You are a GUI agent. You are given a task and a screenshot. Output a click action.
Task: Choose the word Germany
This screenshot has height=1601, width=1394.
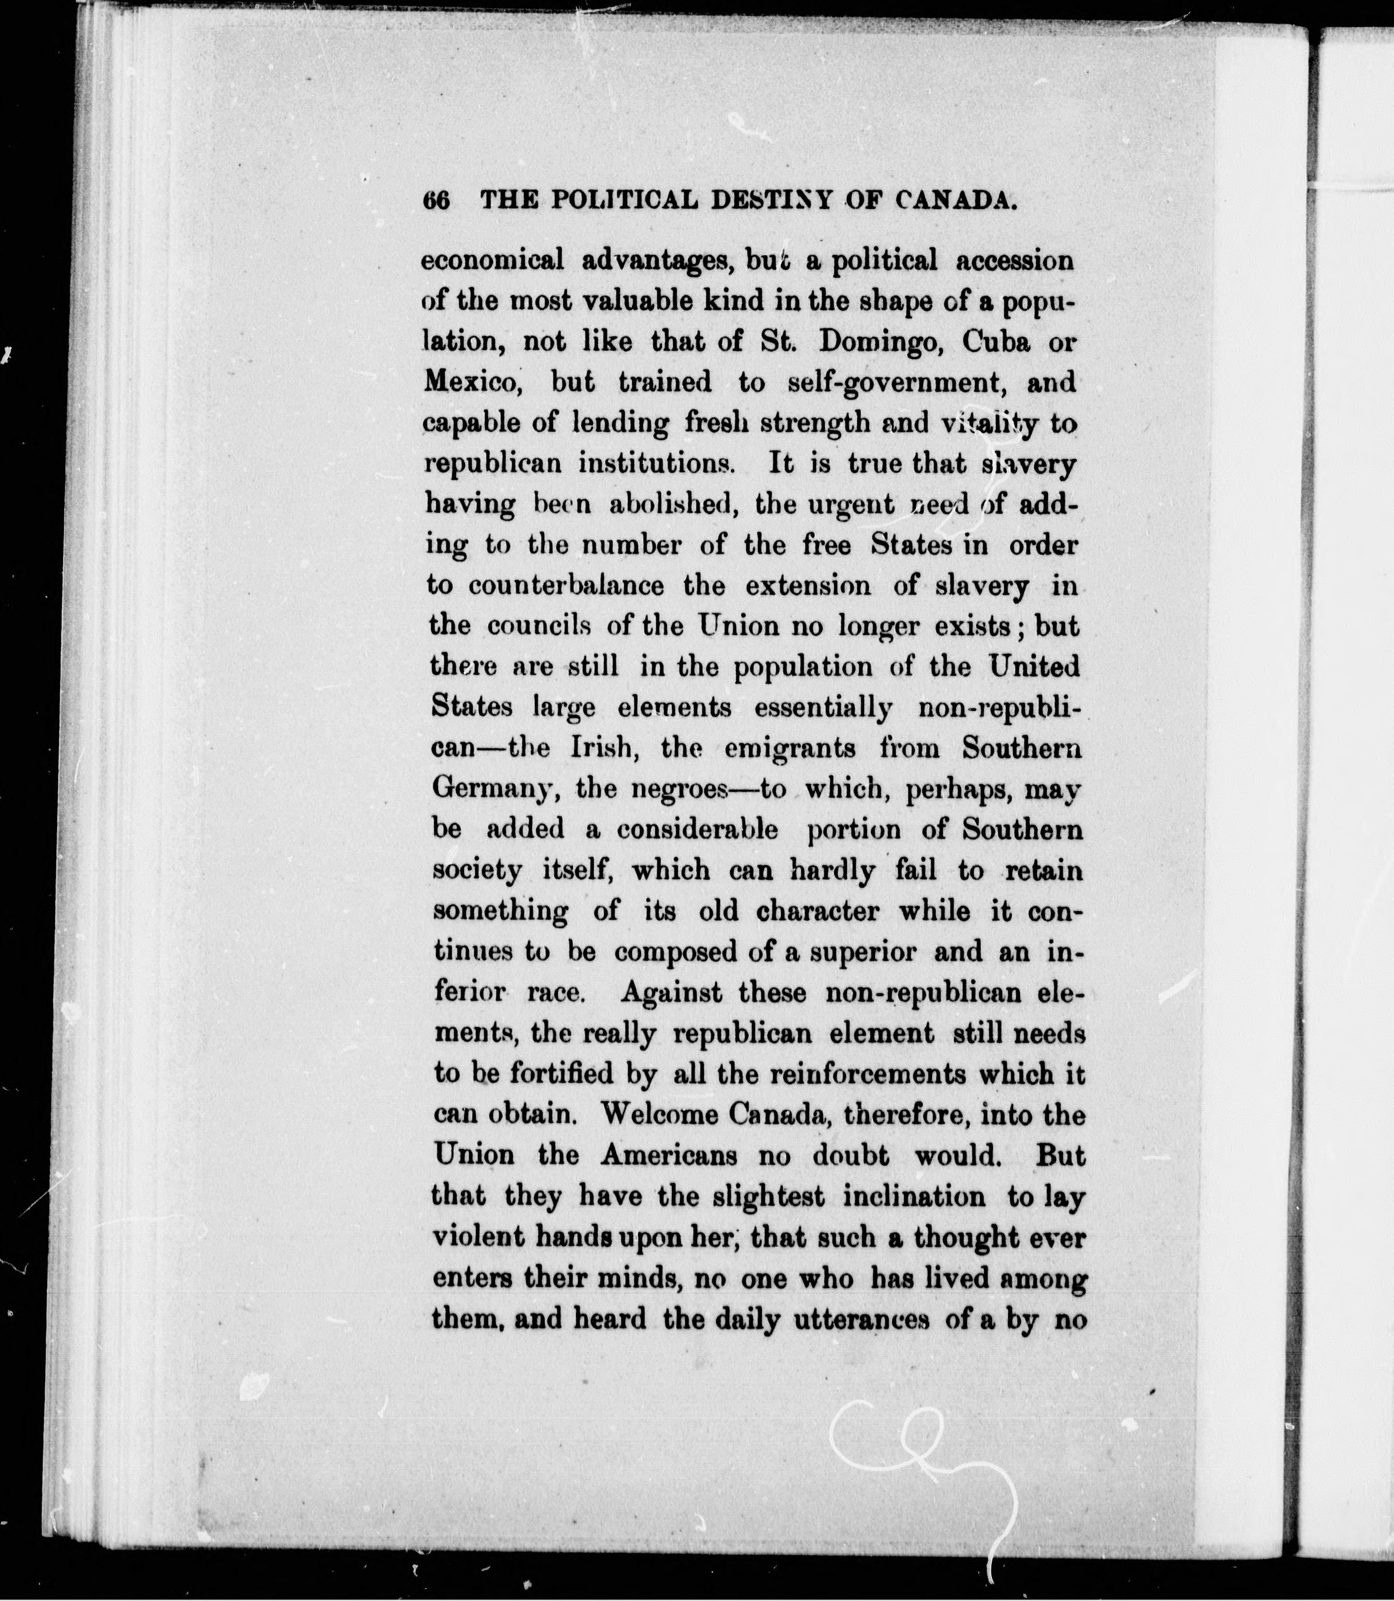[494, 789]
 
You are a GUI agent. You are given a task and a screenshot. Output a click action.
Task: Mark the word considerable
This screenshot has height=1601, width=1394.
[697, 829]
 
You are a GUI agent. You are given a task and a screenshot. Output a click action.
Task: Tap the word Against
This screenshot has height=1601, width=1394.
[671, 992]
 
